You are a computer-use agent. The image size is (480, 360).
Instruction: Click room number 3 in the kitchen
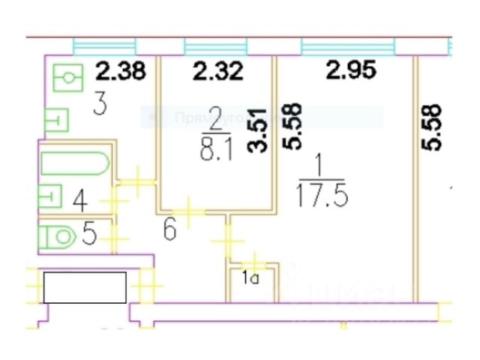click(x=98, y=104)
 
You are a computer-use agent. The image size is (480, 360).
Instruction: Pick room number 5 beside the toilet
click(x=89, y=235)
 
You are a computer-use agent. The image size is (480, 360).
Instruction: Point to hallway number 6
click(x=169, y=229)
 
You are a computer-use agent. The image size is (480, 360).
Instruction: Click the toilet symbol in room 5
click(x=57, y=238)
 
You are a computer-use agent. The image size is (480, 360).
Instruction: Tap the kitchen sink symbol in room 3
click(x=68, y=77)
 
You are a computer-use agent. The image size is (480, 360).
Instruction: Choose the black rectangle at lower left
click(x=84, y=287)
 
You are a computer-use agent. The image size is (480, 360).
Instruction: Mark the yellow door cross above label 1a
click(x=256, y=262)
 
